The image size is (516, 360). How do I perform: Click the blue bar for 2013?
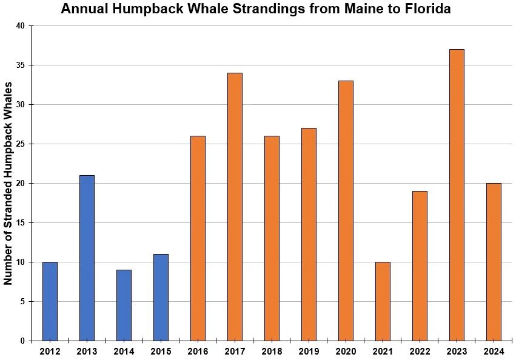pos(87,258)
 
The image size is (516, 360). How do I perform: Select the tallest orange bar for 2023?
pos(457,195)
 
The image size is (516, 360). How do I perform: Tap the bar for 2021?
pos(383,301)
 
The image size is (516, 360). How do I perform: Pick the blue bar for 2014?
pos(124,305)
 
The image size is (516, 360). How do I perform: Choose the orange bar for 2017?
pos(235,207)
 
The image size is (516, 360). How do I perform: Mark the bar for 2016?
pos(198,238)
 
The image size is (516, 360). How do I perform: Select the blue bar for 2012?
pos(50,301)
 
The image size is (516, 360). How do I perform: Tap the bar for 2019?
pos(309,234)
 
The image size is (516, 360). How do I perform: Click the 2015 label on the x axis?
pos(161,351)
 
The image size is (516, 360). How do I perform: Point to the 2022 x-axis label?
pos(420,351)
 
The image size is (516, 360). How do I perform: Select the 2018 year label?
pos(272,351)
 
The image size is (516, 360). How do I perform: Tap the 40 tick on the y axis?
pos(21,26)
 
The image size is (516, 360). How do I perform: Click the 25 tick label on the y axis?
pos(21,144)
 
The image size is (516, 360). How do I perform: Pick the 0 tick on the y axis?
pos(23,341)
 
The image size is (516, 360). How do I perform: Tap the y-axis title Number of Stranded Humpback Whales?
pos(8,183)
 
